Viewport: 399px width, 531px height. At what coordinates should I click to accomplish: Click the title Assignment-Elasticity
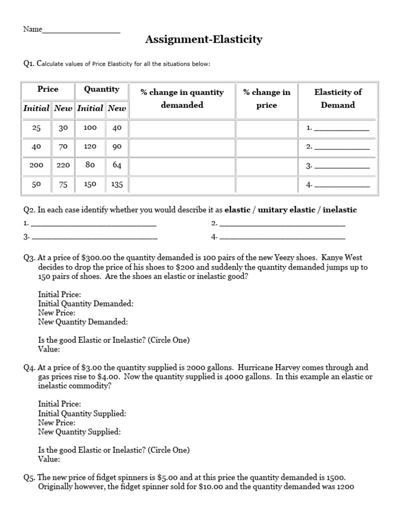pos(204,39)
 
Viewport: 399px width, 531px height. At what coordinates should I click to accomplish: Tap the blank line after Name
pos(81,31)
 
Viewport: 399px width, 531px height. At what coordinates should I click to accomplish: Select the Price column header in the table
pos(48,89)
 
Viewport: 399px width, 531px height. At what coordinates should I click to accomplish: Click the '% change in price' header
pos(267,99)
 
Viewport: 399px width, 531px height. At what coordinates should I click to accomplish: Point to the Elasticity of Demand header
pos(338,99)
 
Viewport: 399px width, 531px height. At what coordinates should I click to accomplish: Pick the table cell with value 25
pos(36,128)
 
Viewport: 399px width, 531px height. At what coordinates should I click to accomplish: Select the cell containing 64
pos(117,165)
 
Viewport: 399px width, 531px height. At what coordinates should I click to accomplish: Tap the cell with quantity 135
pos(117,184)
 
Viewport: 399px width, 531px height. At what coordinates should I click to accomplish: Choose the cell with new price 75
pos(63,184)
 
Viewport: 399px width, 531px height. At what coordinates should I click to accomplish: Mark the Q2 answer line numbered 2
pos(282,224)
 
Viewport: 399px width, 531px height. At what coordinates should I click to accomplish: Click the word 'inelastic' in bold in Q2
pos(340,210)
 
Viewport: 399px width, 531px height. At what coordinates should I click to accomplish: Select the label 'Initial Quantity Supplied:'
pos(82,414)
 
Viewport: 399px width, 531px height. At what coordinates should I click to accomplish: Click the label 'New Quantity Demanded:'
pos(83,322)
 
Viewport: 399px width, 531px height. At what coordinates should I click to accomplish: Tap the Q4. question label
pos(29,368)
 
